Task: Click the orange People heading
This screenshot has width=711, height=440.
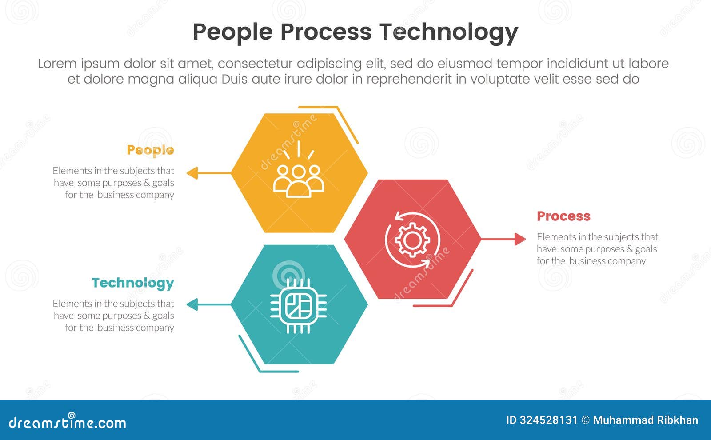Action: (x=150, y=150)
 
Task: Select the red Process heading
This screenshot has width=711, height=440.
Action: (x=563, y=216)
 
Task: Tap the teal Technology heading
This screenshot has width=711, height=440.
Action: (x=132, y=283)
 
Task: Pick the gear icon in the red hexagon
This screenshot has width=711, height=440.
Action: (x=412, y=240)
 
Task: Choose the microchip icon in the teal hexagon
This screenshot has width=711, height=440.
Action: (x=298, y=306)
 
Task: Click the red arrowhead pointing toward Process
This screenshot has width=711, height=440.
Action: (x=519, y=239)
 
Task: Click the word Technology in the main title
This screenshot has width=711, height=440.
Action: (x=448, y=32)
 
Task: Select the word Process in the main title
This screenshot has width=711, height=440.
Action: (x=325, y=32)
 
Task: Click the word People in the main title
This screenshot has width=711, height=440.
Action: (x=232, y=32)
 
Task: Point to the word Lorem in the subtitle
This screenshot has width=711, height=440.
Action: (x=57, y=64)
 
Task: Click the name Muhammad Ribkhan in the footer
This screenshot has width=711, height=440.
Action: (x=645, y=420)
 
